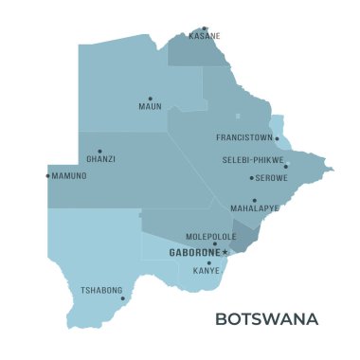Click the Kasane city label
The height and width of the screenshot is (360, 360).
(x=205, y=36)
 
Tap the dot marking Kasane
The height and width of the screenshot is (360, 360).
(x=205, y=28)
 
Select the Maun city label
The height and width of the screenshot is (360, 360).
(x=150, y=106)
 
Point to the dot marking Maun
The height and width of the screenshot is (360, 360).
(x=150, y=99)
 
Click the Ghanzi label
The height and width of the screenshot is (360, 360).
(x=100, y=159)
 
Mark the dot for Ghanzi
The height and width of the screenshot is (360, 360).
(x=99, y=151)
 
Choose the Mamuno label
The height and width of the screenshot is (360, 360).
(x=69, y=176)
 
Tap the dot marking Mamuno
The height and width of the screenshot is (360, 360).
(x=47, y=175)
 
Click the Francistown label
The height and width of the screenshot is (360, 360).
(x=244, y=137)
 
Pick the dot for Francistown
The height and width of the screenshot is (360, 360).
(x=278, y=138)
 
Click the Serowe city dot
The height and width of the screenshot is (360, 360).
(x=251, y=177)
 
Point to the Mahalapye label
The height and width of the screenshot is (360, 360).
(x=255, y=208)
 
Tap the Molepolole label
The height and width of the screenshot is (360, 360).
(x=211, y=236)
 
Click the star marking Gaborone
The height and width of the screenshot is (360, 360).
(x=225, y=253)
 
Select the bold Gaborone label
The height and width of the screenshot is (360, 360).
(x=193, y=253)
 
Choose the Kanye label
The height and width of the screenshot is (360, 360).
(x=207, y=270)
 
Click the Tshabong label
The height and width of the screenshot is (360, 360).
(x=101, y=290)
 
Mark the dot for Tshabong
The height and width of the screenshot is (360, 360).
(x=122, y=298)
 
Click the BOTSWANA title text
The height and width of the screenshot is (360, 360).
(x=266, y=319)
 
